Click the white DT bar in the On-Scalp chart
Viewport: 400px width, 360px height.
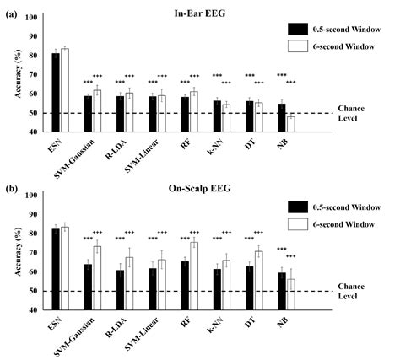pos(259,280)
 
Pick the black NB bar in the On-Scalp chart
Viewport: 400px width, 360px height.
pos(282,291)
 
